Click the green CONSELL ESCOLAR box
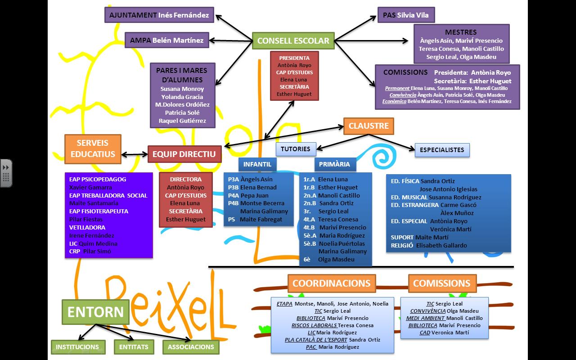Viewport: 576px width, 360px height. coord(293,41)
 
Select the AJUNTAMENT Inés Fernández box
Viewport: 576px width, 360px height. coord(159,15)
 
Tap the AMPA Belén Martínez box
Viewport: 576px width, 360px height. coord(166,40)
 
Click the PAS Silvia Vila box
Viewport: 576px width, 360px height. coord(406,15)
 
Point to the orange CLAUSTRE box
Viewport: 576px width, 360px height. coord(368,126)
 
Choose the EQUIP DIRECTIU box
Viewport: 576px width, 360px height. coord(184,154)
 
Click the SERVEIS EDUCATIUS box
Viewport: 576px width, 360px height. coord(93,149)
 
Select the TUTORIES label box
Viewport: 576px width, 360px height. coord(296,149)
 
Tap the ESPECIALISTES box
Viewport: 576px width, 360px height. coord(442,150)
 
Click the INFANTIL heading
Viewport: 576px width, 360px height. coord(257,165)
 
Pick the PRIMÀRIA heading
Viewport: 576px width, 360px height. coord(334,165)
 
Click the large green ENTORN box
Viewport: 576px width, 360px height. coord(95,312)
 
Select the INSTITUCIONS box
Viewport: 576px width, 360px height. coord(78,347)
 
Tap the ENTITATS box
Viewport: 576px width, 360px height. coord(134,347)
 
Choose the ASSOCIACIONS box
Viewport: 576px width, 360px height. coord(191,347)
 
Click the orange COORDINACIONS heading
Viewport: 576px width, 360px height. coord(331,283)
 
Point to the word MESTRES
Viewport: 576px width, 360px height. coord(460,32)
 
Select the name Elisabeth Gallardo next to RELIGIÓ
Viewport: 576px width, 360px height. coord(441,246)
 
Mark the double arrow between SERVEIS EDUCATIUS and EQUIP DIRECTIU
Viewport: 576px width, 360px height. coord(135,154)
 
